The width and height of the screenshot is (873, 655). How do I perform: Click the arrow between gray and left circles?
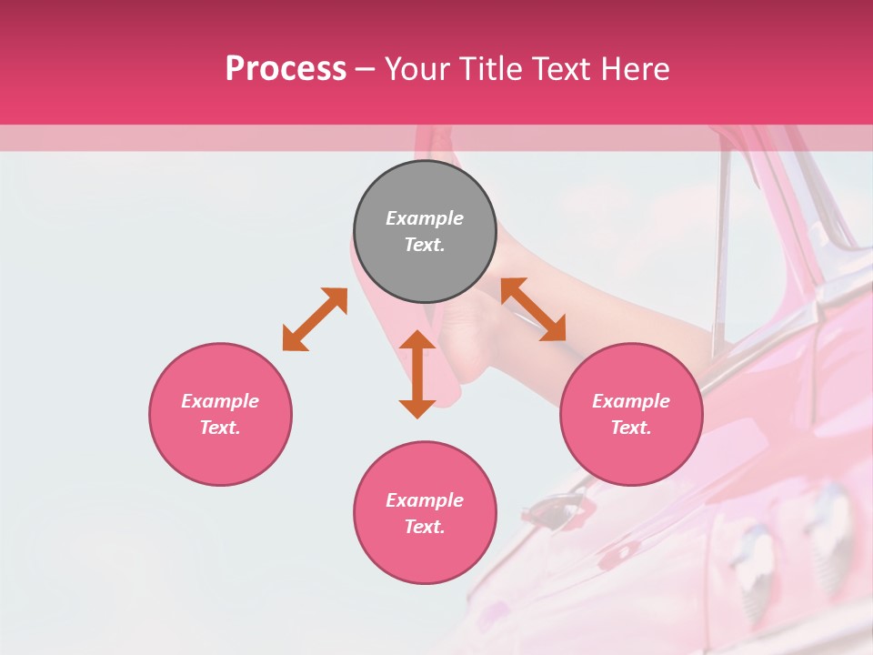[x=315, y=318]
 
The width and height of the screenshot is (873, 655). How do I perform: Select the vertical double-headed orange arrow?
[x=417, y=374]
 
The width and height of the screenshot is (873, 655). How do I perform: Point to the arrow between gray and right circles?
[x=533, y=309]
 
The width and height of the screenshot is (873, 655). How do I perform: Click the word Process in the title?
[x=286, y=68]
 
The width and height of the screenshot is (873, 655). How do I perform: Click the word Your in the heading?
[x=417, y=68]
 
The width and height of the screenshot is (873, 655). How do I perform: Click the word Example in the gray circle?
[x=425, y=218]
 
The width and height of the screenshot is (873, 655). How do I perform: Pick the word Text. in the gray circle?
[x=425, y=245]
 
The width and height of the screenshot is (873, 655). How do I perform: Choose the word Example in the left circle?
[x=220, y=401]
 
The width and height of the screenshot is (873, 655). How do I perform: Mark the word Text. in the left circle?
[x=220, y=428]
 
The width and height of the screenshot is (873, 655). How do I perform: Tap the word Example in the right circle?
[x=631, y=401]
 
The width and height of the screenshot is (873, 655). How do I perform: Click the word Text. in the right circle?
[x=631, y=428]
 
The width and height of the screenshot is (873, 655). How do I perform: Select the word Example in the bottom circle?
[x=425, y=500]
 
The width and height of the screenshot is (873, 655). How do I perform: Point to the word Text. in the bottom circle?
[x=425, y=527]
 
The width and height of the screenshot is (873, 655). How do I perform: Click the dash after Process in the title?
[x=366, y=68]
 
